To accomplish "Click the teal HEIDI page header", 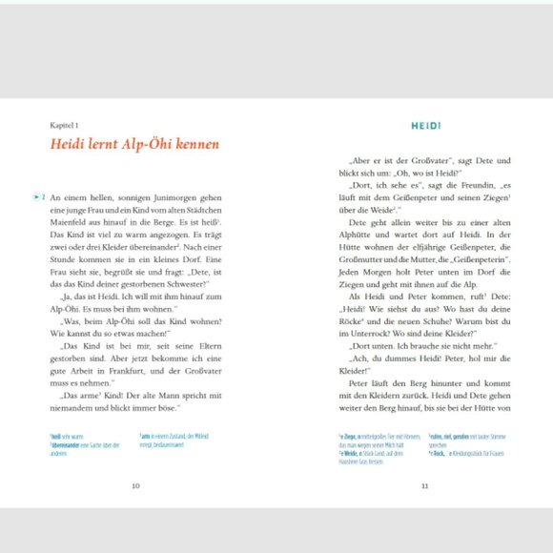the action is (x=424, y=125).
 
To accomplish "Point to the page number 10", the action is (x=135, y=485).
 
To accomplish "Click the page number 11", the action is (x=424, y=485).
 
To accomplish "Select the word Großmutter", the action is (x=360, y=258).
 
